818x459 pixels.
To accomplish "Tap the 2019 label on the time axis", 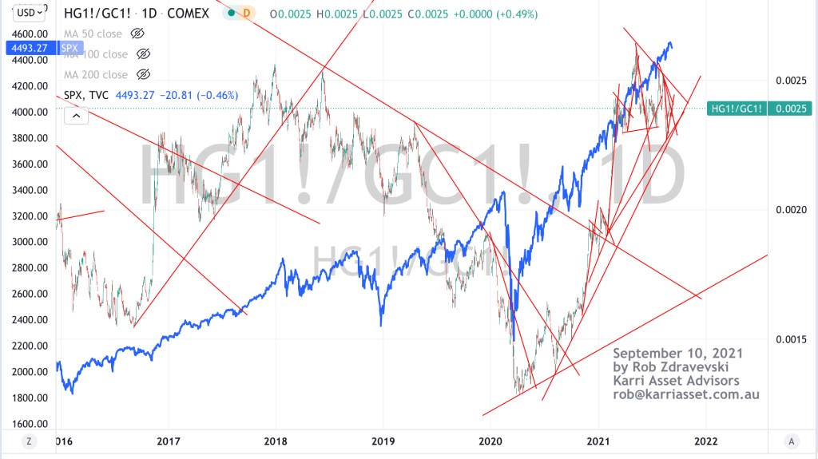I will tap(383, 440).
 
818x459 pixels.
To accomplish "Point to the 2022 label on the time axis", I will tap(705, 440).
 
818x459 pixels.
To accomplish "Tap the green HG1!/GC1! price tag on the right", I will tap(736, 109).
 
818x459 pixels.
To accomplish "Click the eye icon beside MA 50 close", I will tap(137, 34).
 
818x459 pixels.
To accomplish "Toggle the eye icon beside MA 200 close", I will tap(144, 74).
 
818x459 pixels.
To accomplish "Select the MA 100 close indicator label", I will tap(95, 54).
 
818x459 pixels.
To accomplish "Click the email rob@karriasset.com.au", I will tap(686, 394).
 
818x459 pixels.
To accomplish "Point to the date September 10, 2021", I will tap(677, 354).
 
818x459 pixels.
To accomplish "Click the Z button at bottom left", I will tap(28, 441).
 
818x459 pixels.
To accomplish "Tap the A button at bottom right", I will tap(790, 441).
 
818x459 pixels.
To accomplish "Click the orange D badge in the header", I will tap(246, 14).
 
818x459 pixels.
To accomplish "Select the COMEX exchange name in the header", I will tap(191, 14).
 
